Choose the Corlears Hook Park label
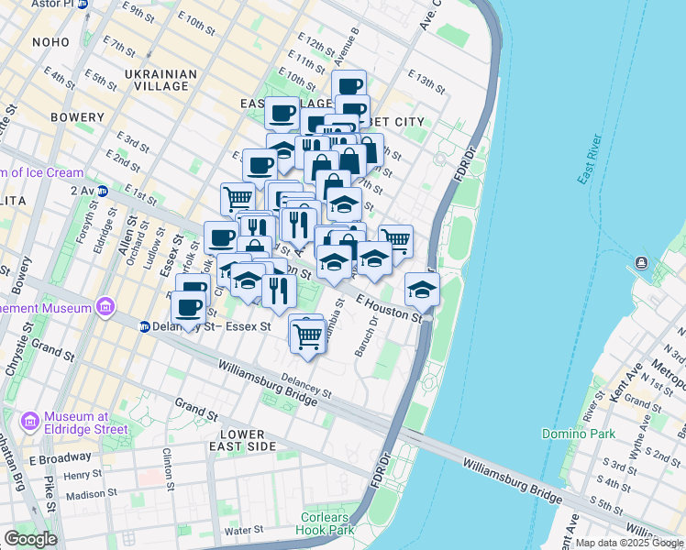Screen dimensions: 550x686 pyautogui.click(x=326, y=523)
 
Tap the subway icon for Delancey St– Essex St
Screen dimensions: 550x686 pyautogui.click(x=145, y=325)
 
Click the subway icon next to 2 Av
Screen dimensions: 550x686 pyautogui.click(x=103, y=191)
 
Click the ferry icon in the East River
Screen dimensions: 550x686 pyautogui.click(x=640, y=265)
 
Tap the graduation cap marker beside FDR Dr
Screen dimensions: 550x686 pyautogui.click(x=422, y=290)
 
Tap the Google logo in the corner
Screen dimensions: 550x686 pyautogui.click(x=30, y=539)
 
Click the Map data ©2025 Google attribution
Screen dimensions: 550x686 pyautogui.click(x=629, y=543)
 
